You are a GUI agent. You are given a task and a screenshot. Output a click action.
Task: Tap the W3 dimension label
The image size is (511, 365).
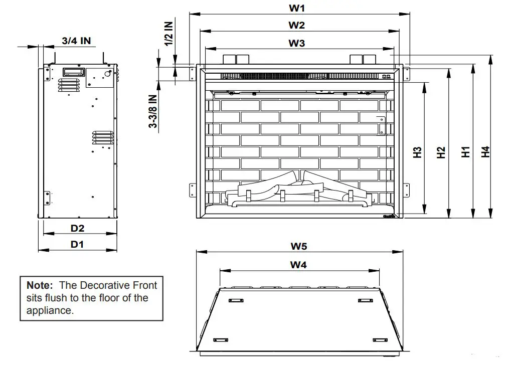coord(296,43)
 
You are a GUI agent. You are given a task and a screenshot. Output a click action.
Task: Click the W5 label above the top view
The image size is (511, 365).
coord(299,246)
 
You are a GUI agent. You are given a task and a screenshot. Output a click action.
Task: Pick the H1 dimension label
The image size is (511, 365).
coord(466,152)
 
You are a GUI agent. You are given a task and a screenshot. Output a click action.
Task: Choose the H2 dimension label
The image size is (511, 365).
coord(441,152)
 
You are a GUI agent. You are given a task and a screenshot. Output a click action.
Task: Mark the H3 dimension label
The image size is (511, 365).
coord(417,152)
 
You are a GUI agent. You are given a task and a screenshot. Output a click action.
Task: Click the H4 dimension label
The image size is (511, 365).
coord(485,152)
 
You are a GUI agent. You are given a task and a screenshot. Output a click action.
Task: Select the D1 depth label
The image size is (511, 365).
coord(77,245)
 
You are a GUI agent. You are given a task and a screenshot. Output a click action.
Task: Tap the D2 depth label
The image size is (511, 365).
coord(77,228)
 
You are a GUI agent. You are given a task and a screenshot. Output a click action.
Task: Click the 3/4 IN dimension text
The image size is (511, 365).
coord(76,41)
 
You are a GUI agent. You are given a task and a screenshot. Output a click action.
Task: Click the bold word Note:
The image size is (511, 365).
coord(40,285)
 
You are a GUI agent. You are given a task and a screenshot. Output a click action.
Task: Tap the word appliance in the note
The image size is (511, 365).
coord(49,310)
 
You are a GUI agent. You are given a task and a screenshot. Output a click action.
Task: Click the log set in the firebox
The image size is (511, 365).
coord(299,191)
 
